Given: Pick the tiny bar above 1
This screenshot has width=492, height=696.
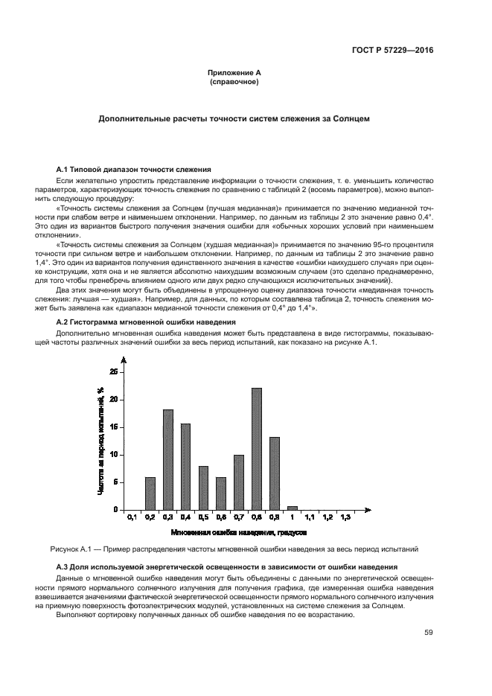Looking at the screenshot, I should coord(292,508).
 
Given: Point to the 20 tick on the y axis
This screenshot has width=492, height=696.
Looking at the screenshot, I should coord(113,400).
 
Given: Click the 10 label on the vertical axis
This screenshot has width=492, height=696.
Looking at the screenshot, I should coord(113,455).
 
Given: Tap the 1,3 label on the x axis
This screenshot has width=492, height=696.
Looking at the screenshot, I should coord(345,517).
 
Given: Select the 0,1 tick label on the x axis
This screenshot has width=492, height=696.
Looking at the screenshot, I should coord(132,517).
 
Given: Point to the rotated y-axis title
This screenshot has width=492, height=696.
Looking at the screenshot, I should coord(99,441).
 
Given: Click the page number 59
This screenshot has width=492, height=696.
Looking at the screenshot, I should coord(428,633).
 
